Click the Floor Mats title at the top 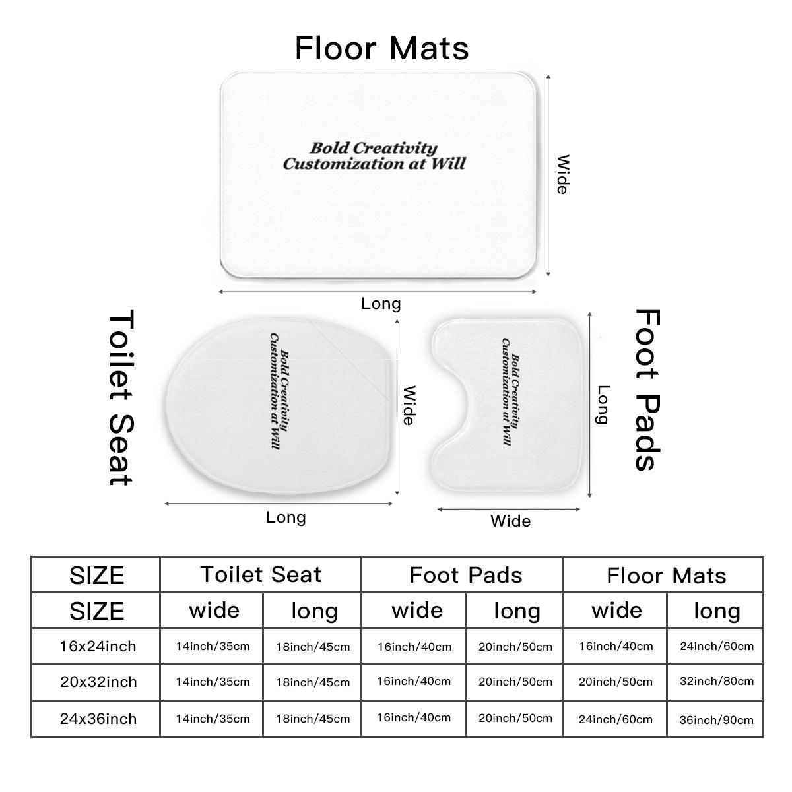(x=381, y=48)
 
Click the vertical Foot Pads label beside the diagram (x=647, y=389)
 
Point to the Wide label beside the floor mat (x=562, y=174)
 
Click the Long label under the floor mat (x=381, y=304)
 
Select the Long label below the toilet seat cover (x=286, y=517)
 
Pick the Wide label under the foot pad (x=510, y=521)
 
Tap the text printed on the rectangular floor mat (x=374, y=156)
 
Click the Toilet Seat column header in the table (x=261, y=575)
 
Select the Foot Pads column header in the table (x=465, y=576)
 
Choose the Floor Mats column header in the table (x=666, y=576)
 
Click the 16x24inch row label (x=98, y=646)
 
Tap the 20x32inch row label (x=98, y=682)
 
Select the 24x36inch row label (x=98, y=718)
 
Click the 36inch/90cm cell (x=716, y=719)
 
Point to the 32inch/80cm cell (x=716, y=682)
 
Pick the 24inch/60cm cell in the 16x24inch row (x=716, y=647)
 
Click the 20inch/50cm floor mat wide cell (x=615, y=682)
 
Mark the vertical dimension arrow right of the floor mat (x=549, y=174)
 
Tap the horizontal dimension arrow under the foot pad (x=509, y=509)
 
